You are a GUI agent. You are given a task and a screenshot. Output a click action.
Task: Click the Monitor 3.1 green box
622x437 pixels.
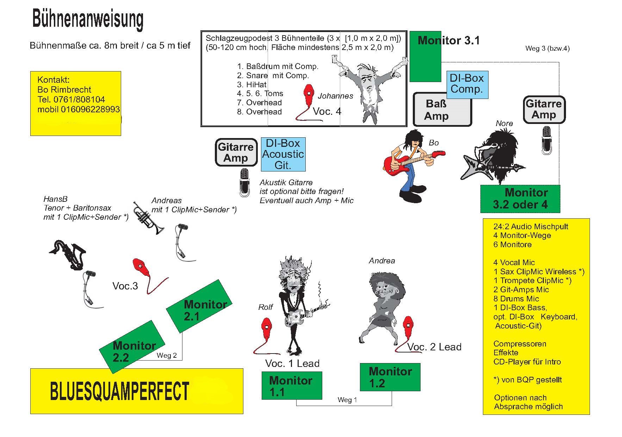coord(425,60)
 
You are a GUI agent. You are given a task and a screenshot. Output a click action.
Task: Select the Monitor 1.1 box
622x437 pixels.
coord(292,386)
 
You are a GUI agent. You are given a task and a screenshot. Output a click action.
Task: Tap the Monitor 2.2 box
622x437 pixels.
coord(132,347)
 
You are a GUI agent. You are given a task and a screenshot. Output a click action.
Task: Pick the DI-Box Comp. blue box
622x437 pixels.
coord(467,84)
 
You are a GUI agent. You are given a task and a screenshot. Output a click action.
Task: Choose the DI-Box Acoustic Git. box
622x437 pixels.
coord(283,154)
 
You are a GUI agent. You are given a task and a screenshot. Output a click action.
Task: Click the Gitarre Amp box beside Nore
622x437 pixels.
coord(544,110)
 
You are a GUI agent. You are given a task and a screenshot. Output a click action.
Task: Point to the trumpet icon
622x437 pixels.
coord(148,217)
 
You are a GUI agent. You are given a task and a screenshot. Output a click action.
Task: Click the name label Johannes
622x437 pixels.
coord(335,96)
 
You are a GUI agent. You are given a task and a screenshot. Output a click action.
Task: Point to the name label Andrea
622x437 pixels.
coord(382,261)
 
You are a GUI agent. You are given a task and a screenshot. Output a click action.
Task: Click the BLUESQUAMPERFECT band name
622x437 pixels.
coord(120,391)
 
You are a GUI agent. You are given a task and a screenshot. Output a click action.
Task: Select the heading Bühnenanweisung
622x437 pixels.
coord(88,19)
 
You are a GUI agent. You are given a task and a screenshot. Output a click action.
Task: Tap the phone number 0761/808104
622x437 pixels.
coord(79,100)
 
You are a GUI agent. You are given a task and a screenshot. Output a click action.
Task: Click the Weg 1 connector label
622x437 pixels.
coord(347,400)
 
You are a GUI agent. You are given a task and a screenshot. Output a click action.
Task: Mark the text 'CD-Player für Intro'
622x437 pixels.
coord(527,362)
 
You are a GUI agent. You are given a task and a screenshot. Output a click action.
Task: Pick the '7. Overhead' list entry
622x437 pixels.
coord(260,103)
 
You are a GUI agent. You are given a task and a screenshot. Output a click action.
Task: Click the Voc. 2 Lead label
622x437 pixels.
coord(434,347)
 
